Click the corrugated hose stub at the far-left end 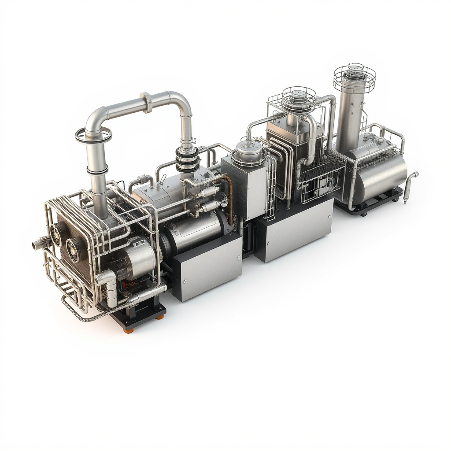41,242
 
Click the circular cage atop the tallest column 354,77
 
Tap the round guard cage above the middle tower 299,97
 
